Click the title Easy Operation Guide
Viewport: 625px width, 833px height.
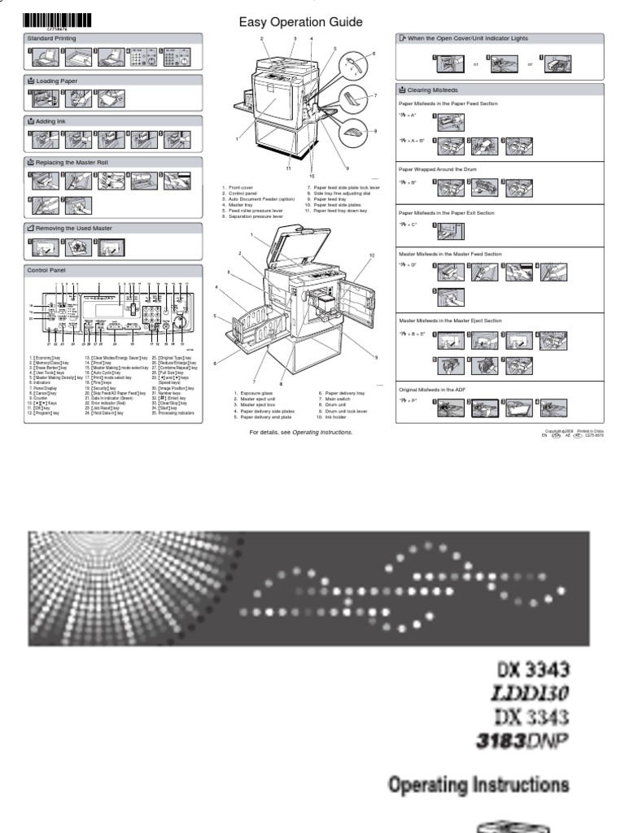pos(300,22)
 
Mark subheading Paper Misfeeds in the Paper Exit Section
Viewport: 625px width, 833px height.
pos(446,213)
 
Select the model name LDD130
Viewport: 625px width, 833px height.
pos(529,693)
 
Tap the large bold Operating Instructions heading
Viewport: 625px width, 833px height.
pos(479,786)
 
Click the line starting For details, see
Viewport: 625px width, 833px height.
pos(300,433)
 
